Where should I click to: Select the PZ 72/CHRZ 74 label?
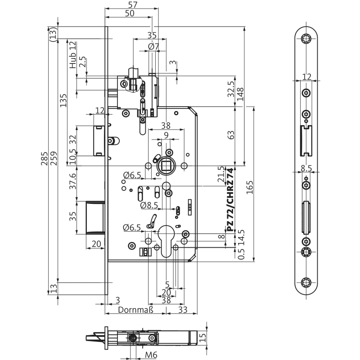[x=230, y=200]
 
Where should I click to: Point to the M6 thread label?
[x=151, y=355]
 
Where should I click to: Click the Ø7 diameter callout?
[x=153, y=46]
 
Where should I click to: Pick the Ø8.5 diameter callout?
[x=148, y=206]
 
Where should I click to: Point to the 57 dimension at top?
[x=132, y=5]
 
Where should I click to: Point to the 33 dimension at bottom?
[x=183, y=310]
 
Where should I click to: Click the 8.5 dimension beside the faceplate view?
[x=306, y=169]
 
